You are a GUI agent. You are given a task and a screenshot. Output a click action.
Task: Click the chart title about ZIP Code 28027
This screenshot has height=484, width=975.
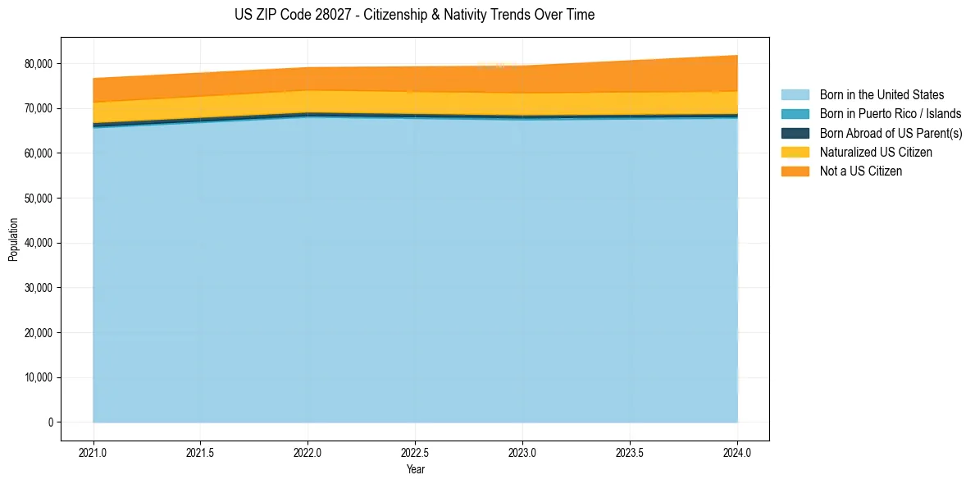pyautogui.click(x=414, y=15)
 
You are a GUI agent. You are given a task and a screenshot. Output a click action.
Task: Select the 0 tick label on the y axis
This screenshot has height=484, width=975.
pyautogui.click(x=50, y=422)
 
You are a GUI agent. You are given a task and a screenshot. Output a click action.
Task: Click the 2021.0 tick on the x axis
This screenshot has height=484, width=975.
pyautogui.click(x=93, y=452)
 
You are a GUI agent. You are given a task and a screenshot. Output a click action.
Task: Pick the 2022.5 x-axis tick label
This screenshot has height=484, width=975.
pyautogui.click(x=415, y=452)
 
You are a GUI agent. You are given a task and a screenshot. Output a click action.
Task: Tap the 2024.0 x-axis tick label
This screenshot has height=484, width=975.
pyautogui.click(x=737, y=452)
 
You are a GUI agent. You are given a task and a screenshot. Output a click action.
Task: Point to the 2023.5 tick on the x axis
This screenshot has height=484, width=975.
pyautogui.click(x=630, y=452)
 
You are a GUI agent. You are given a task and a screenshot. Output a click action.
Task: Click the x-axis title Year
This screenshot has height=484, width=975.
pyautogui.click(x=415, y=469)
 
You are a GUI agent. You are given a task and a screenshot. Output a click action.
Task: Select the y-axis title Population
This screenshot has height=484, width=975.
pyautogui.click(x=13, y=240)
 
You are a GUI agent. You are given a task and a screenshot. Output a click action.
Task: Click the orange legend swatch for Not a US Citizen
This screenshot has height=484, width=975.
pyautogui.click(x=795, y=171)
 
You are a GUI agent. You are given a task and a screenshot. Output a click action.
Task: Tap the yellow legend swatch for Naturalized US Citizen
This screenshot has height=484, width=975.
pyautogui.click(x=795, y=153)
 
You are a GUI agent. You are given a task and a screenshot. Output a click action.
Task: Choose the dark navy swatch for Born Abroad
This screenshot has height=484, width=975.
pyautogui.click(x=795, y=133)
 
